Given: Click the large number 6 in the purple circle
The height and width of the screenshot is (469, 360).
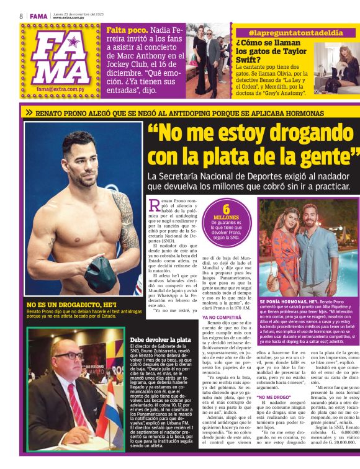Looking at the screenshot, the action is click(227, 209).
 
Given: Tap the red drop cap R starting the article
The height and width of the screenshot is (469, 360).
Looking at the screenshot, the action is click(155, 206).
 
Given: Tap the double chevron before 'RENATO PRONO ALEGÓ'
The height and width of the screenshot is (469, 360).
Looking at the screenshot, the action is click(28, 113).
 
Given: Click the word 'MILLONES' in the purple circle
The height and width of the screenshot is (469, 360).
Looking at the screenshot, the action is click(226, 218).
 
